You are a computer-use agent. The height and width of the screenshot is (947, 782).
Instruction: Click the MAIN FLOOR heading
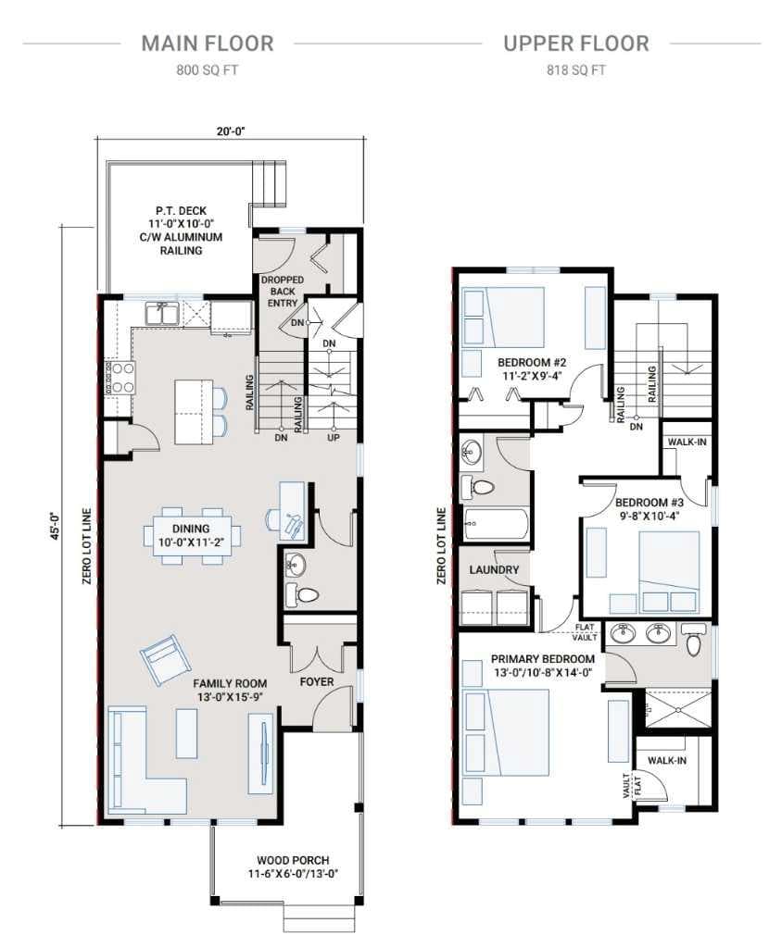[208, 44]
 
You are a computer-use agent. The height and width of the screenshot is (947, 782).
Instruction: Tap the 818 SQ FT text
[576, 70]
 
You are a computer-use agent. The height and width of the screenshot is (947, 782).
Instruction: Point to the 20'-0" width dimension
[233, 131]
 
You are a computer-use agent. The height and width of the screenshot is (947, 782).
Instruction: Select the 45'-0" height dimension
[56, 526]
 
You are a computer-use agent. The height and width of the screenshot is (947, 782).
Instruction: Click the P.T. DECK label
[181, 211]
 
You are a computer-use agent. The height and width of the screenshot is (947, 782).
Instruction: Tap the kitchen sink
[161, 314]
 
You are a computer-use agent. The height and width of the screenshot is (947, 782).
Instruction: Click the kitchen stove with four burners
[120, 378]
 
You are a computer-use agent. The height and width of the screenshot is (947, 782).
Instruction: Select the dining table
[192, 536]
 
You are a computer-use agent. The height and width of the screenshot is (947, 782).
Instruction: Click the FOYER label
[317, 682]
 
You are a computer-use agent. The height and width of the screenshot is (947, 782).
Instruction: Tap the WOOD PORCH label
[293, 860]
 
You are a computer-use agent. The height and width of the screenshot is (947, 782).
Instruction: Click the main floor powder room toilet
[301, 594]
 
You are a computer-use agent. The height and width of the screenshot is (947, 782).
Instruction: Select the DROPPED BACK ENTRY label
[283, 291]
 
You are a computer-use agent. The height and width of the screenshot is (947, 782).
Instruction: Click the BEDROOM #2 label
[532, 362]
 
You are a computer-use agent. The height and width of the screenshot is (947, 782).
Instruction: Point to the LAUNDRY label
[494, 569]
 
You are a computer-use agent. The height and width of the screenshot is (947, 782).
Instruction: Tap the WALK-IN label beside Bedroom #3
[687, 442]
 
